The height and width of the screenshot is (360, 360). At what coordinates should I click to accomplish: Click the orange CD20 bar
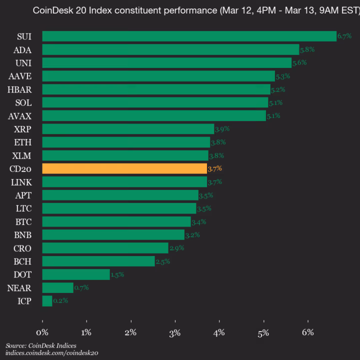click(x=124, y=168)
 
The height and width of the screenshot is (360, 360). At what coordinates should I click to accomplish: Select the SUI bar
click(x=189, y=36)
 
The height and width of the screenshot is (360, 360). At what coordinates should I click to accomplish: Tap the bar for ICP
click(x=47, y=301)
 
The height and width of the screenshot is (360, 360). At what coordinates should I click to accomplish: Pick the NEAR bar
click(x=57, y=287)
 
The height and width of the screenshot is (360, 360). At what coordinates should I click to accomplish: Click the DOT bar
click(x=75, y=274)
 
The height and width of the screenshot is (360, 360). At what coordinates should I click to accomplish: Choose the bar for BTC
click(x=116, y=221)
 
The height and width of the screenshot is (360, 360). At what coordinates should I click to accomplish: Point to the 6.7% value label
click(x=344, y=36)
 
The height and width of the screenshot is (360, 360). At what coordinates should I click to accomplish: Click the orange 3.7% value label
click(x=214, y=168)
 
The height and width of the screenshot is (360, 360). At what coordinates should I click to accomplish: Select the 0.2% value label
click(x=60, y=301)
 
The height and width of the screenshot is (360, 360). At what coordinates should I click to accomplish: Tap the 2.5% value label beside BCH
click(x=163, y=261)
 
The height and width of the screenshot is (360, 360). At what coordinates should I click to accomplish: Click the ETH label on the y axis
click(x=22, y=142)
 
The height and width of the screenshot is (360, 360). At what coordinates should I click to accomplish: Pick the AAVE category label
click(x=20, y=76)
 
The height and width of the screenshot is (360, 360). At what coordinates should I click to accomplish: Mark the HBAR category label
click(x=19, y=89)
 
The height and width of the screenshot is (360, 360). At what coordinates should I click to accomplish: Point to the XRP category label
click(x=22, y=129)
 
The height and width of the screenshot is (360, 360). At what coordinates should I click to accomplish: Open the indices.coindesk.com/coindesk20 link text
click(x=51, y=353)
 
